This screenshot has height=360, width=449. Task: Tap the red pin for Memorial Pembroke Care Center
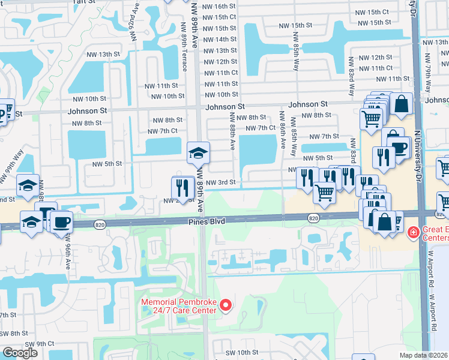click(226, 306)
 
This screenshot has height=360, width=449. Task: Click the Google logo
click(20, 353)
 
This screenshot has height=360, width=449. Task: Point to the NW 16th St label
click(220, 6)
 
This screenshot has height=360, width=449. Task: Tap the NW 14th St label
click(220, 40)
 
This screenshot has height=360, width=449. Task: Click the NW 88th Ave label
click(232, 130)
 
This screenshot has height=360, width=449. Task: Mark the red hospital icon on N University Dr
click(413, 232)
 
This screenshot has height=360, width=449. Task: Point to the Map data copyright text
click(424, 355)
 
